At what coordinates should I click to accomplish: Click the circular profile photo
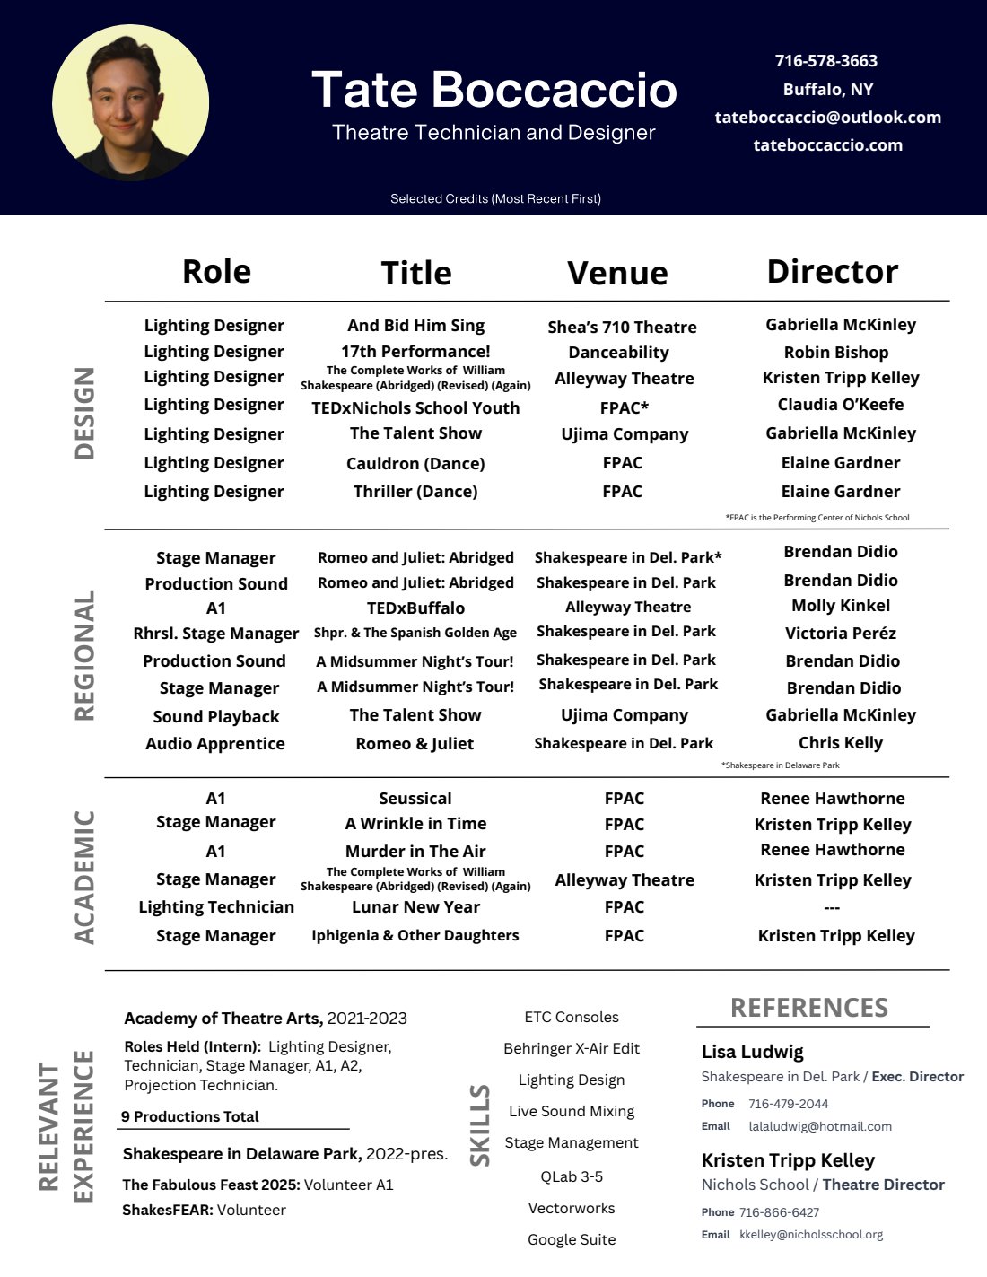(x=131, y=103)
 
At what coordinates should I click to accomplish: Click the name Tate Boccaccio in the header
(x=493, y=90)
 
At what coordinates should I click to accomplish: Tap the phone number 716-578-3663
(x=826, y=61)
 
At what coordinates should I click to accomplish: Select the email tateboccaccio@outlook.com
(x=827, y=117)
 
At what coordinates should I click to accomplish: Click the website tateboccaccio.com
(x=827, y=144)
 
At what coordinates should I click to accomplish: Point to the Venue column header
(x=617, y=273)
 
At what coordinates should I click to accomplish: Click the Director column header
(x=832, y=271)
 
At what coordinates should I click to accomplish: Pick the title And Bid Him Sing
(x=415, y=325)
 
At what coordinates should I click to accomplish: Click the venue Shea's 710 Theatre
(x=622, y=327)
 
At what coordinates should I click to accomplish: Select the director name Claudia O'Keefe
(x=840, y=404)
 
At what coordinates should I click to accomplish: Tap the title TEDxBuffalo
(x=415, y=608)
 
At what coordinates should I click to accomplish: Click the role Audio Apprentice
(x=215, y=743)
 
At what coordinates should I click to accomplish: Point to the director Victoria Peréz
(x=840, y=633)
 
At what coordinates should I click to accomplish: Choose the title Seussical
(x=415, y=798)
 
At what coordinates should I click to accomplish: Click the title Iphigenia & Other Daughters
(x=415, y=935)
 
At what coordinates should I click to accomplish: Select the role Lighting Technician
(x=216, y=906)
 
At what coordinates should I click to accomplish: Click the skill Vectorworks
(x=572, y=1208)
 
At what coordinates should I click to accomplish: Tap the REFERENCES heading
(x=808, y=1008)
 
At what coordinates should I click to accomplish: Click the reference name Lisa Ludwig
(x=752, y=1051)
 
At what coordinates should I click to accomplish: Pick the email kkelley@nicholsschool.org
(x=811, y=1234)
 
